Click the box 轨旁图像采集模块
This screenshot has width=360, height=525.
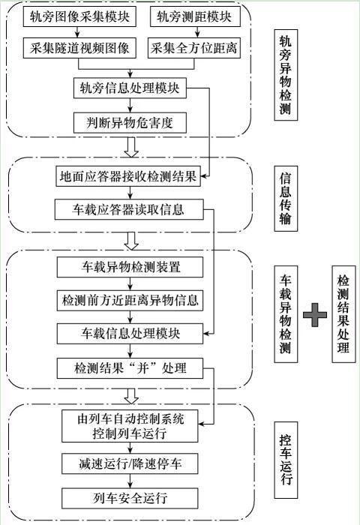coord(79,16)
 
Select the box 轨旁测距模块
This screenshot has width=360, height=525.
coord(195,16)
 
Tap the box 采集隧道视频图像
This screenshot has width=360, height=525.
coord(79,48)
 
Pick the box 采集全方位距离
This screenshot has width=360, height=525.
coord(194,48)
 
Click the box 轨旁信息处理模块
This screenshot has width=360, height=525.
coord(130,88)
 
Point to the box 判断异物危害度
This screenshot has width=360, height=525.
coord(130,122)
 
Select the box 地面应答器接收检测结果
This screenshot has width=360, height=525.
coord(128,176)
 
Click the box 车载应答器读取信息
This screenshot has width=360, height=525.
coord(129,209)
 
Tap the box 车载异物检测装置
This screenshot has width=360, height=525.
coord(130,267)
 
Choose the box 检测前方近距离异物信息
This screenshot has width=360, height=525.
coord(130,300)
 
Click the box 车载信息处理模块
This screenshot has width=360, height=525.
coord(130,334)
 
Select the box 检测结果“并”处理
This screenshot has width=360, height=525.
coord(130,368)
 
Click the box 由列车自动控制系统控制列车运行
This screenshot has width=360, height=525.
coord(130,426)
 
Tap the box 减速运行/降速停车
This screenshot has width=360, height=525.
coord(130,463)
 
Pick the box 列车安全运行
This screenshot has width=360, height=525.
coord(130,498)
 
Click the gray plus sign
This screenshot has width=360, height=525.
coord(315,315)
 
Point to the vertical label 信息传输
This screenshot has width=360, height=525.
coord(286,199)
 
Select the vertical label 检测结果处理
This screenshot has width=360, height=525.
coord(343,314)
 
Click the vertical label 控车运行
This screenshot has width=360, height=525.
coord(286,460)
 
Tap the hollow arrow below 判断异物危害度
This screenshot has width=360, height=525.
coord(131,147)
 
